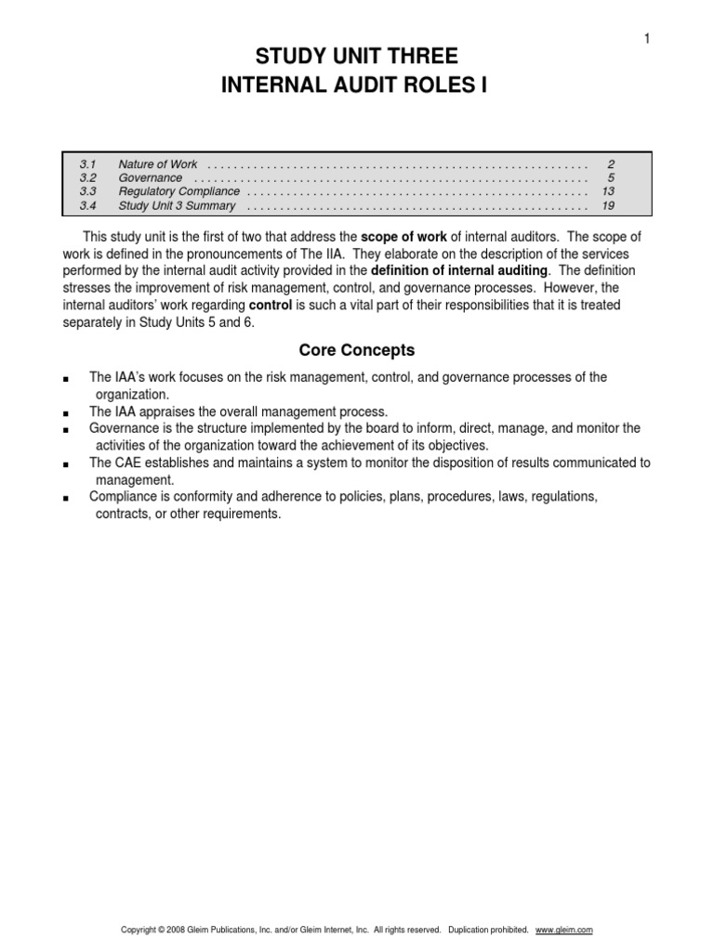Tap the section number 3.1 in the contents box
click(x=88, y=164)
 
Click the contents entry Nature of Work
click(x=158, y=164)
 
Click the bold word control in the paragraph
click(x=272, y=305)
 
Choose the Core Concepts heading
click(x=357, y=351)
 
